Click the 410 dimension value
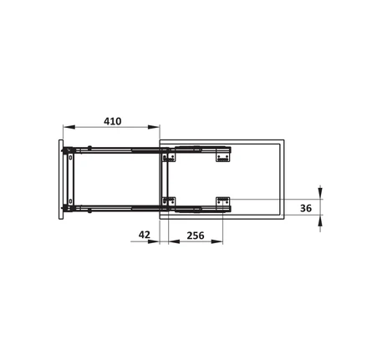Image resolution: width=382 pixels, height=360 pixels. tap(113, 121)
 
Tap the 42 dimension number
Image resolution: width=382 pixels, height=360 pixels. tap(145, 235)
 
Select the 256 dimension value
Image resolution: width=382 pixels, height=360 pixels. tap(196, 236)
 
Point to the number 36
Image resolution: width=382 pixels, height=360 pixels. tap(306, 208)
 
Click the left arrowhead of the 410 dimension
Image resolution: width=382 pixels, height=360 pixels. tap(69, 127)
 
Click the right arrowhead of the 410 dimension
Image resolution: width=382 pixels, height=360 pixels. tap(154, 127)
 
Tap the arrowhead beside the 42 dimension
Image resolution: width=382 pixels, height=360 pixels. tap(154, 241)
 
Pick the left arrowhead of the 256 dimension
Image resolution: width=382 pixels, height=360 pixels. tap(174, 241)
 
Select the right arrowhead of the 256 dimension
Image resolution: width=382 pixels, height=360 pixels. tap(217, 241)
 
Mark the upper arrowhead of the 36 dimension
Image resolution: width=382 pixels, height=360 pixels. tap(320, 193)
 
